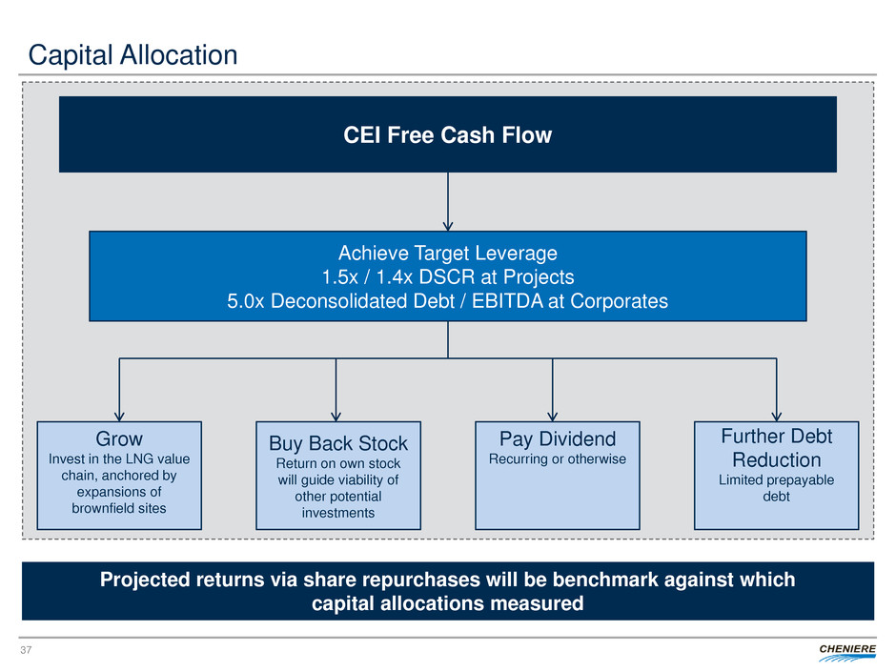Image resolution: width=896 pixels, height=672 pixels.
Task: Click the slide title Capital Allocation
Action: point(132,55)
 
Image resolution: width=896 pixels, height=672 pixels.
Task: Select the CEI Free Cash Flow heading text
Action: point(447,135)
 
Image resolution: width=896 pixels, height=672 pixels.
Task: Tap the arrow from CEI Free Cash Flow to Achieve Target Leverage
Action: point(447,201)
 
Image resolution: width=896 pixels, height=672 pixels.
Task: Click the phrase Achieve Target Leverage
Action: point(447,254)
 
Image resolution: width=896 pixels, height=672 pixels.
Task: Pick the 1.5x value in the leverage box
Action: point(337,277)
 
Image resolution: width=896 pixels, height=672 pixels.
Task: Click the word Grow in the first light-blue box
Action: point(119,439)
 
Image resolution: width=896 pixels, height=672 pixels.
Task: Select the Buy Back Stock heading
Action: point(338,443)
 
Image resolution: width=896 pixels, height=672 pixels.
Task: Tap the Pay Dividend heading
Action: point(558,439)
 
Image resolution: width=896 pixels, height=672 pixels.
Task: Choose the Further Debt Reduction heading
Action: point(777,448)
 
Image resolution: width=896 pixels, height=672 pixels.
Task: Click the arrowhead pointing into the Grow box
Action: point(119,415)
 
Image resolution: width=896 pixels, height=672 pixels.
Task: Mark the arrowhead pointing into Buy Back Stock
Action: point(336,415)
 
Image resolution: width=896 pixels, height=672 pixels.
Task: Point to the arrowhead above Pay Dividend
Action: point(553,415)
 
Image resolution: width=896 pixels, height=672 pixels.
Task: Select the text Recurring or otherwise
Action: point(558,459)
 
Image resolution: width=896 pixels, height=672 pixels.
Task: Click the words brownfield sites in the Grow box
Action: point(119,508)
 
